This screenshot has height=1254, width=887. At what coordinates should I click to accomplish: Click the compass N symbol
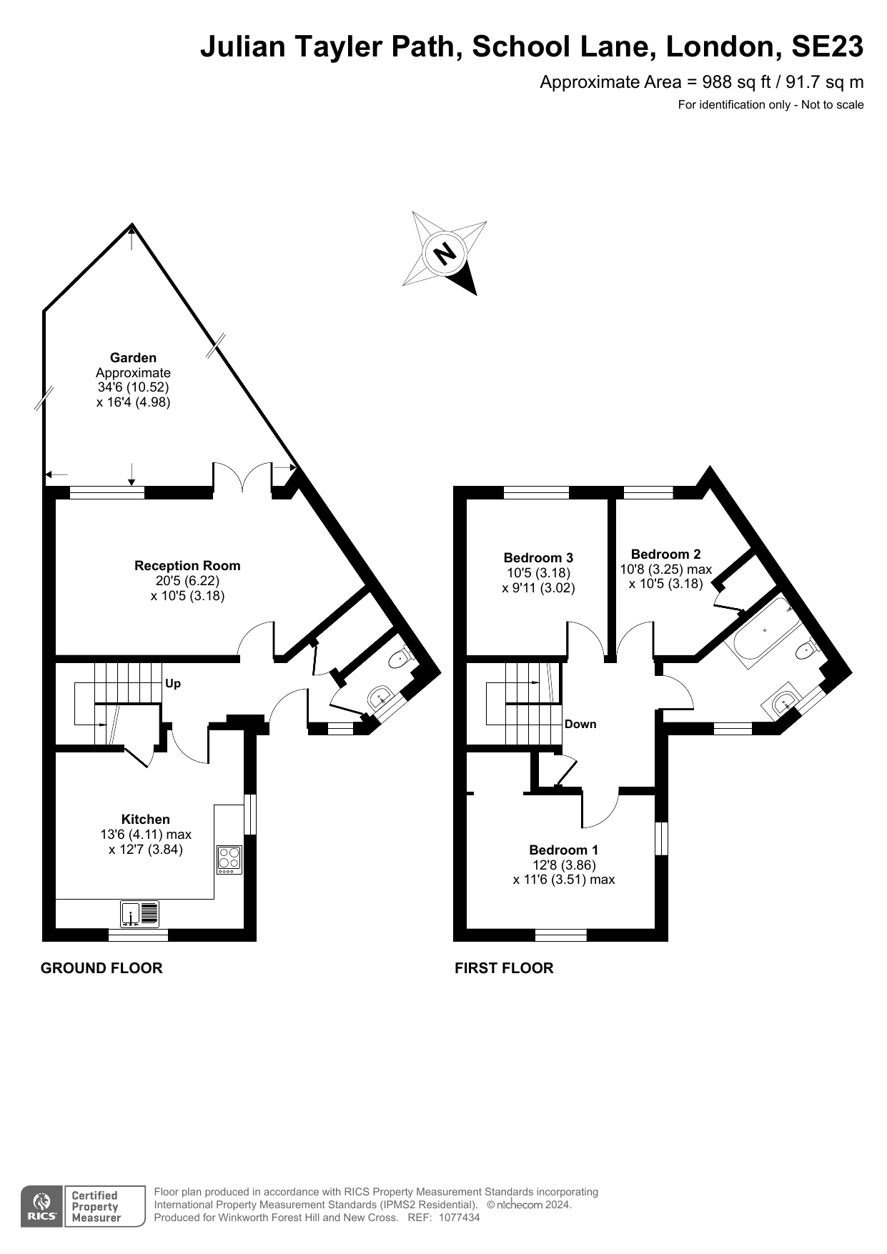click(x=445, y=253)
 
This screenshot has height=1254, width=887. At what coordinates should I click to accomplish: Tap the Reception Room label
click(x=187, y=566)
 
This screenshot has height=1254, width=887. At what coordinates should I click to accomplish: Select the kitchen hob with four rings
click(x=229, y=860)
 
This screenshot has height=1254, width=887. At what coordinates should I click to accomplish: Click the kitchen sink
click(x=131, y=914)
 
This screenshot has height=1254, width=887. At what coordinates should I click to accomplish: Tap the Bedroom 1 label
click(x=563, y=850)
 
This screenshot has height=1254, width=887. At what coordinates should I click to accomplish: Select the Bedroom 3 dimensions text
click(x=538, y=580)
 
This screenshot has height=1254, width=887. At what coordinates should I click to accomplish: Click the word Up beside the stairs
click(x=173, y=683)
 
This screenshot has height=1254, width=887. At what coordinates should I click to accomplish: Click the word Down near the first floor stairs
click(x=580, y=724)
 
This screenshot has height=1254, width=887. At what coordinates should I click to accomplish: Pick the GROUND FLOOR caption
click(x=101, y=968)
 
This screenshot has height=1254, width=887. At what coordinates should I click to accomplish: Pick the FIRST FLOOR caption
click(x=504, y=968)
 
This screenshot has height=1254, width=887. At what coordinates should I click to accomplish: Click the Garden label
click(x=133, y=358)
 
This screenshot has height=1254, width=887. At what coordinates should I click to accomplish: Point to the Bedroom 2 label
click(x=665, y=554)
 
